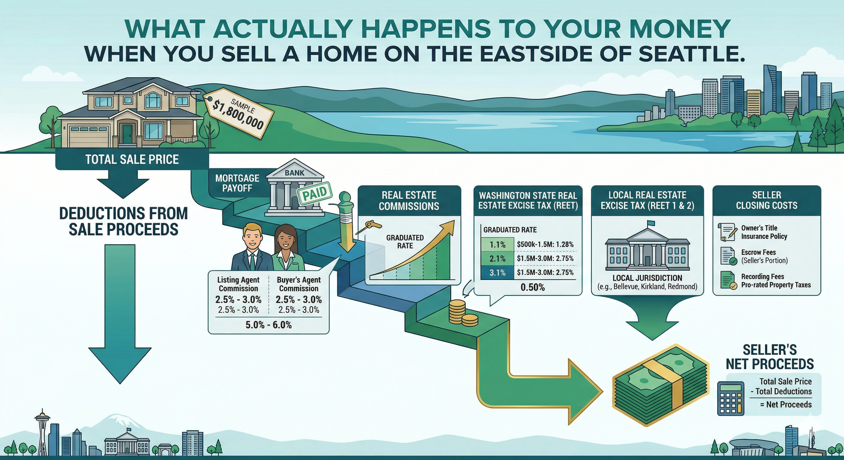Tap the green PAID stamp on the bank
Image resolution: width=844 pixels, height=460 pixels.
[314, 193]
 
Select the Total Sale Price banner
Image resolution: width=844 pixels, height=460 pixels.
[132, 159]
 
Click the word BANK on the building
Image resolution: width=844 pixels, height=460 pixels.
[294, 173]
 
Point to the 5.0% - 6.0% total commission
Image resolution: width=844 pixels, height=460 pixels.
[268, 325]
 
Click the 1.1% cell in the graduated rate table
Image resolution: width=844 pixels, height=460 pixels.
[497, 245]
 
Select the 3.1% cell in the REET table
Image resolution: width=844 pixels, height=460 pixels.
[497, 273]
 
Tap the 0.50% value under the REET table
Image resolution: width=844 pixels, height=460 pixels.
[532, 287]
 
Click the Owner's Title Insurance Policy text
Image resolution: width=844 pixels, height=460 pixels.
[764, 232]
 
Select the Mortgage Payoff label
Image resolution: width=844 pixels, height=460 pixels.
[237, 183]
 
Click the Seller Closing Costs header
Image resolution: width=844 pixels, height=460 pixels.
[766, 200]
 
